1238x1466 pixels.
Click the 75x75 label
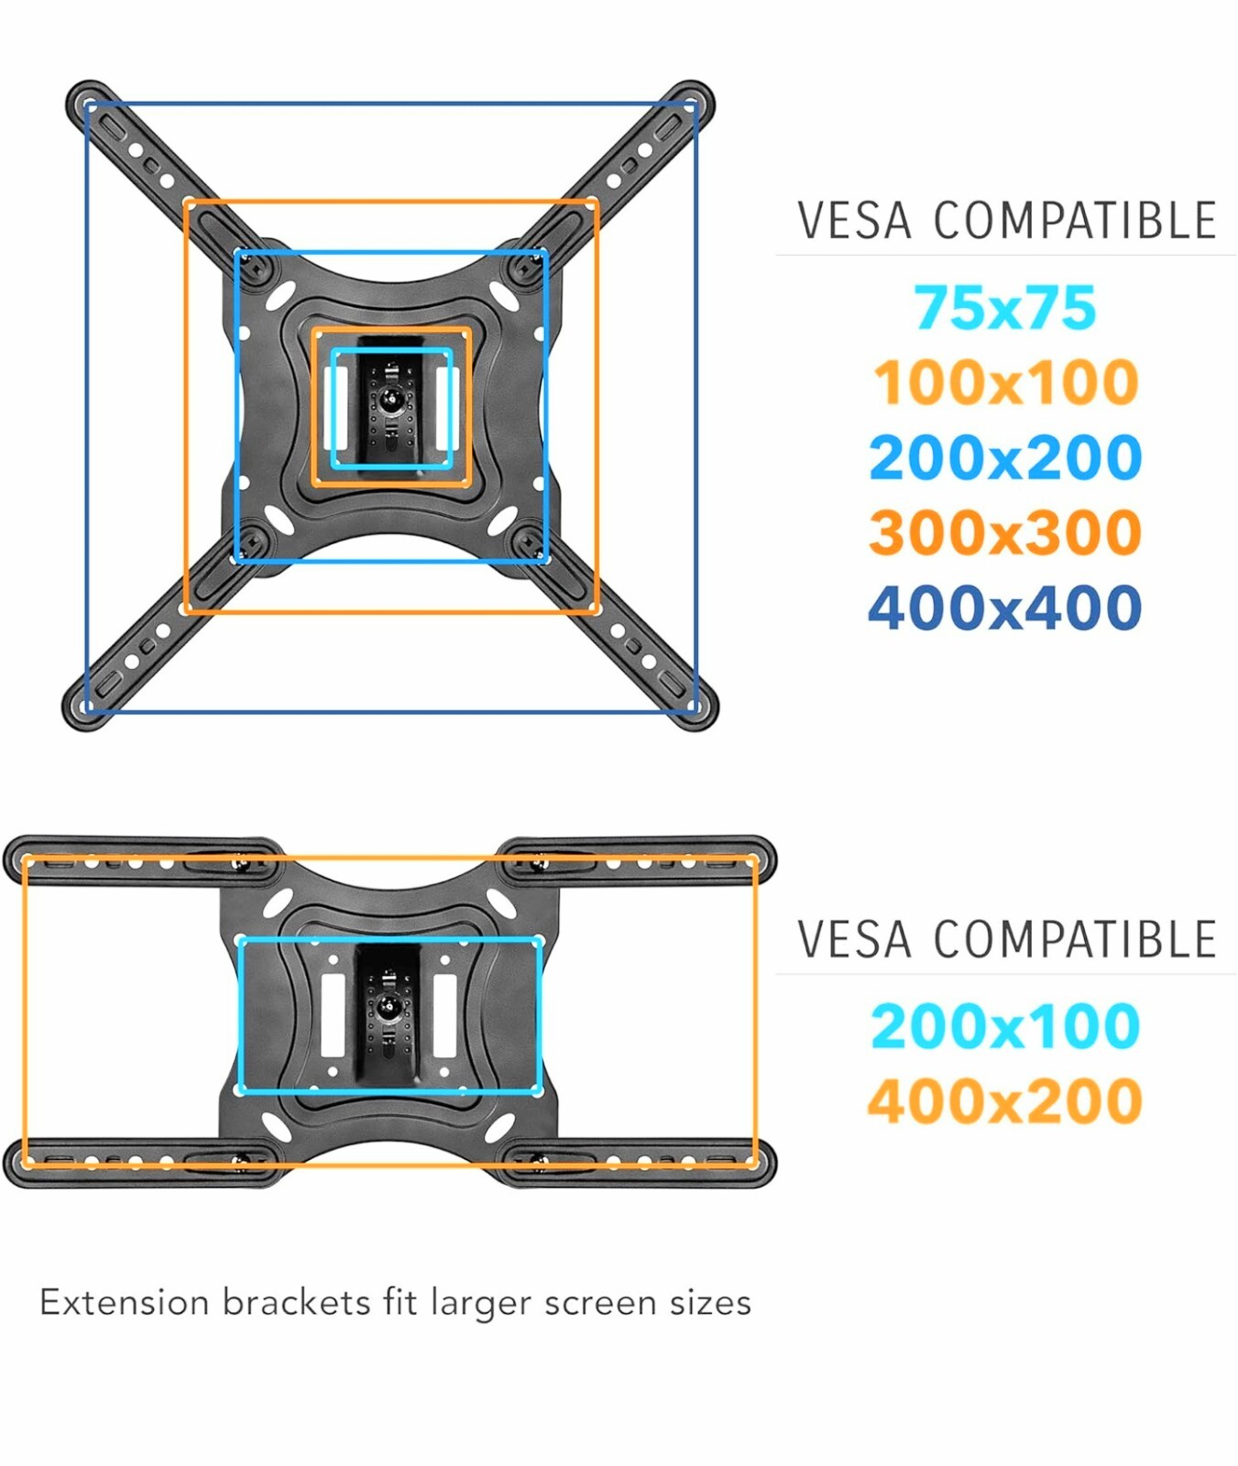point(1004,308)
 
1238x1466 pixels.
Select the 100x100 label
point(1005,383)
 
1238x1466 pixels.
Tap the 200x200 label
point(1005,458)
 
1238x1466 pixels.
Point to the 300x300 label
point(1005,533)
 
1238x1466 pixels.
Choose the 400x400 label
point(1005,608)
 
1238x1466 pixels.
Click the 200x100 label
point(1005,1026)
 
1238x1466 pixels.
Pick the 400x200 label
point(1005,1101)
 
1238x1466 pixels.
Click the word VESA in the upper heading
point(854,222)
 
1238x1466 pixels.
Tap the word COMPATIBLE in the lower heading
point(1075,940)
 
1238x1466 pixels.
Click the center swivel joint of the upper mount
point(391,399)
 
